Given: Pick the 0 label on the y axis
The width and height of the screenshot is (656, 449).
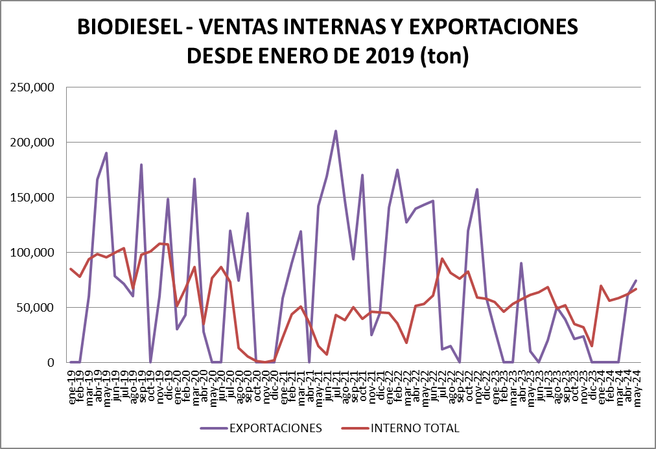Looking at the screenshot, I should (49, 362).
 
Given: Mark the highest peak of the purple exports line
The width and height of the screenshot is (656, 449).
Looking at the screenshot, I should (336, 131).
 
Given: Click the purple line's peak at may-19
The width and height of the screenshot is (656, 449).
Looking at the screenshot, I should (106, 153).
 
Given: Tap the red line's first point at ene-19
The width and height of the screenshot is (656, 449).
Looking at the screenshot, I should (71, 269).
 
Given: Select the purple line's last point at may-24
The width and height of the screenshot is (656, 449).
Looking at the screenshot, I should (636, 281).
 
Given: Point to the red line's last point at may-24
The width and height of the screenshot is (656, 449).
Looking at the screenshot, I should (636, 289).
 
